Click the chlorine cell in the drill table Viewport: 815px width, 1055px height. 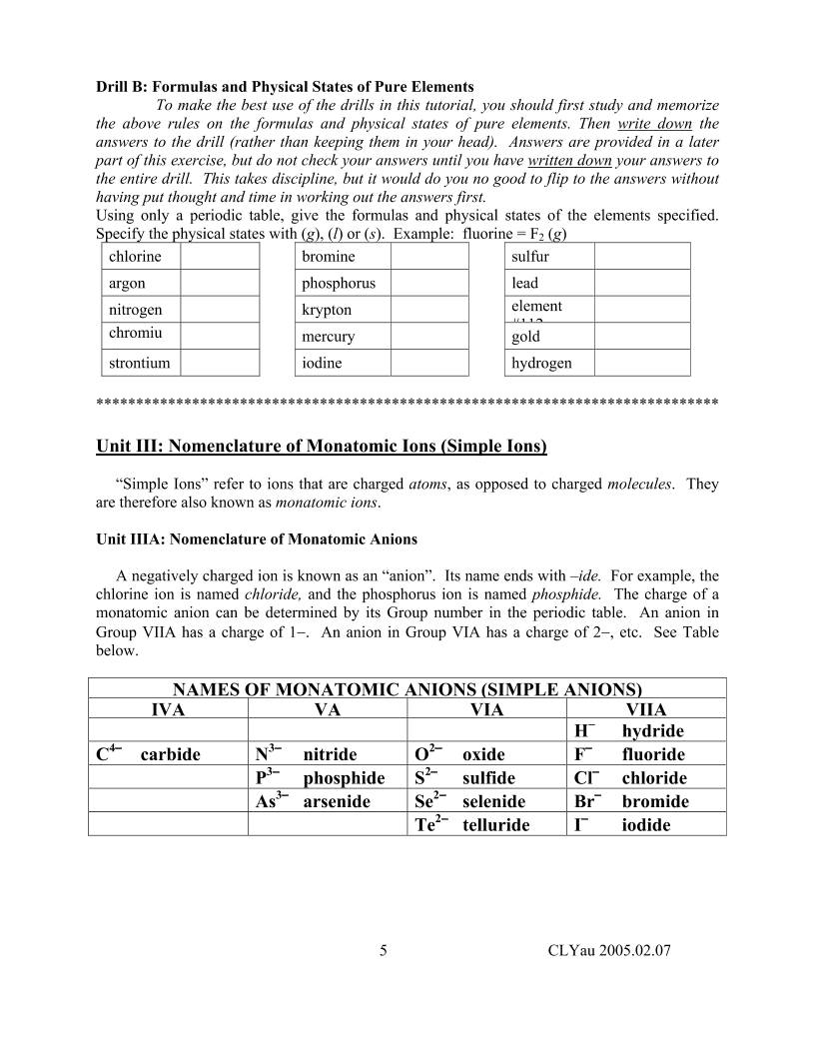pyautogui.click(x=141, y=257)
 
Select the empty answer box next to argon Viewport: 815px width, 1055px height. pyautogui.click(x=220, y=284)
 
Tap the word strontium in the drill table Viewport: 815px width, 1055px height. pyautogui.click(x=141, y=363)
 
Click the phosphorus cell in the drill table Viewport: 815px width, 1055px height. pyautogui.click(x=340, y=284)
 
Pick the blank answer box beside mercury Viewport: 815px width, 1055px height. pyautogui.click(x=428, y=337)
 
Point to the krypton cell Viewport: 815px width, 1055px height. pyautogui.click(x=340, y=311)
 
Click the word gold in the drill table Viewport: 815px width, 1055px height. pyautogui.click(x=525, y=337)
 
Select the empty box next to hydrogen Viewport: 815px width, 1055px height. pyautogui.click(x=641, y=363)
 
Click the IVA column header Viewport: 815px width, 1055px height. pyautogui.click(x=168, y=709)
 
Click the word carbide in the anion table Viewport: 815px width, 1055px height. pyautogui.click(x=170, y=755)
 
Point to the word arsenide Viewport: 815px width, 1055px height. pyautogui.click(x=337, y=801)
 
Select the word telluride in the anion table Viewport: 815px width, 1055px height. pyautogui.click(x=496, y=825)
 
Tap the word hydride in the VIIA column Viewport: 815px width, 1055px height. pyautogui.click(x=652, y=731)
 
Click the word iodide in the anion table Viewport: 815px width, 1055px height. pyautogui.click(x=646, y=825)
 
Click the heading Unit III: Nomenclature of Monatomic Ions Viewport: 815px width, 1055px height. pyautogui.click(x=322, y=445)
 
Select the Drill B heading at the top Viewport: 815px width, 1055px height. pyautogui.click(x=285, y=87)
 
